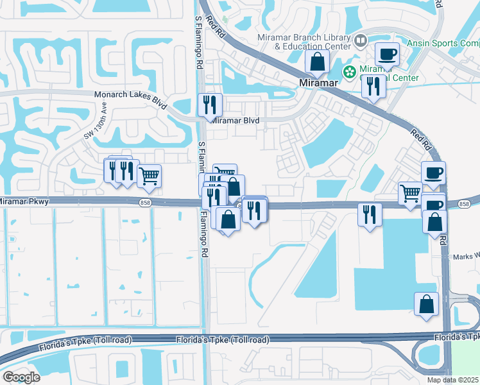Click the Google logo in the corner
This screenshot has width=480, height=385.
coord(21,377)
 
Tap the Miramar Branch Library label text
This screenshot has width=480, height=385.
coord(304,37)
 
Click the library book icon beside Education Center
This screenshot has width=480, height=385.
coord(361,42)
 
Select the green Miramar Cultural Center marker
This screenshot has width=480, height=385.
coord(350,71)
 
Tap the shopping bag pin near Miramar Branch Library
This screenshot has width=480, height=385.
coord(317,62)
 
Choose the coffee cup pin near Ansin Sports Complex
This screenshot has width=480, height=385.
coord(387,55)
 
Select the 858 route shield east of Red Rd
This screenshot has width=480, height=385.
coord(463,203)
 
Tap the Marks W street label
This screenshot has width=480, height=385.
coord(466,255)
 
